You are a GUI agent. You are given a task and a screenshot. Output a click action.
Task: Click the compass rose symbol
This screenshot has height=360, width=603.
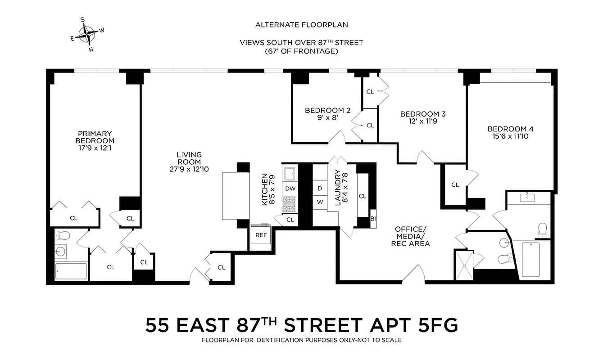[x=87, y=34]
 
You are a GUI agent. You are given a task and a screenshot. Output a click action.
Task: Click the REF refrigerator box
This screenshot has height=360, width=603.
[x=261, y=235]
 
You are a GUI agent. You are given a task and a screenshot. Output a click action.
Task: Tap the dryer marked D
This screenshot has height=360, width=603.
[x=320, y=188]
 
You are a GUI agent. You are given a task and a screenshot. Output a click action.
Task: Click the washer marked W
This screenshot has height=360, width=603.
[x=320, y=202]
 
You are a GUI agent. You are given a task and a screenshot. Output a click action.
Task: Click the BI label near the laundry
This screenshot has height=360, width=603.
[x=372, y=219]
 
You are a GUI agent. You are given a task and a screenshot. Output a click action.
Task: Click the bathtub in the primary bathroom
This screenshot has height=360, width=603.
[x=71, y=271]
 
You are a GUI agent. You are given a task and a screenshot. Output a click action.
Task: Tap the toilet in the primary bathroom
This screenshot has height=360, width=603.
[x=62, y=235]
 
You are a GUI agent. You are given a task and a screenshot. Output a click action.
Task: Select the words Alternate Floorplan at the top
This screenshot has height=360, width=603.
[x=301, y=25]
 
